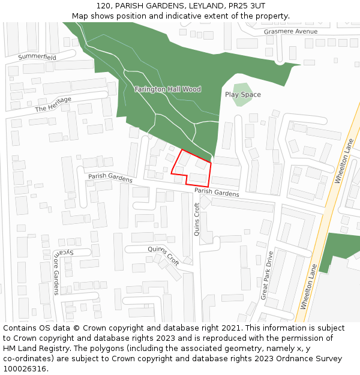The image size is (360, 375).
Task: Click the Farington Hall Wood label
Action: point(167,89)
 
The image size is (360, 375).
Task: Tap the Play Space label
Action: point(243,95)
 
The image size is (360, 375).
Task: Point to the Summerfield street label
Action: point(37,57)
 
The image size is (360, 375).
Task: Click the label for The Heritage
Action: point(53,104)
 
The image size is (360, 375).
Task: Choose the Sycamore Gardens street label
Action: point(56,272)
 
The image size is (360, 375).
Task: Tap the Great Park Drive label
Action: point(266,275)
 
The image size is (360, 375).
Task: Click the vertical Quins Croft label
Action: point(197,219)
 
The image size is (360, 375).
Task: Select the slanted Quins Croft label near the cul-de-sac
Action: point(163,256)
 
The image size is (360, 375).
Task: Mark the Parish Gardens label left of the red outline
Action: point(110,178)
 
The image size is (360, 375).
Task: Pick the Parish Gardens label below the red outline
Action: point(217,193)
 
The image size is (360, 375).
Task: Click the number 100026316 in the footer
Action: point(24,369)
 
